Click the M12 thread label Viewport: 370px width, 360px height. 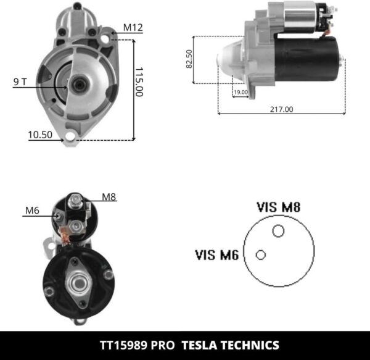[133, 27]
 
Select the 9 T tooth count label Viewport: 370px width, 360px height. [20, 81]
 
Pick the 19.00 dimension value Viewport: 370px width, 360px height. [240, 92]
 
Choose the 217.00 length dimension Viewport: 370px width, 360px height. [281, 109]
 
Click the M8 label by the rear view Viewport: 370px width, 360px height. [109, 198]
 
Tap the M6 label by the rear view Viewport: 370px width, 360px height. [32, 211]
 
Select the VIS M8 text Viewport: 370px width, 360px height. [278, 207]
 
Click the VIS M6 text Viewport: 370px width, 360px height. [217, 254]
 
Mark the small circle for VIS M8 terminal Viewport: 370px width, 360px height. [278, 231]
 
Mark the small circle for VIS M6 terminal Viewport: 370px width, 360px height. [261, 254]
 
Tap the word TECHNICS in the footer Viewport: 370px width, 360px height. [249, 345]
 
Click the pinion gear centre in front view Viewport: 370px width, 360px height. [78, 85]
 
